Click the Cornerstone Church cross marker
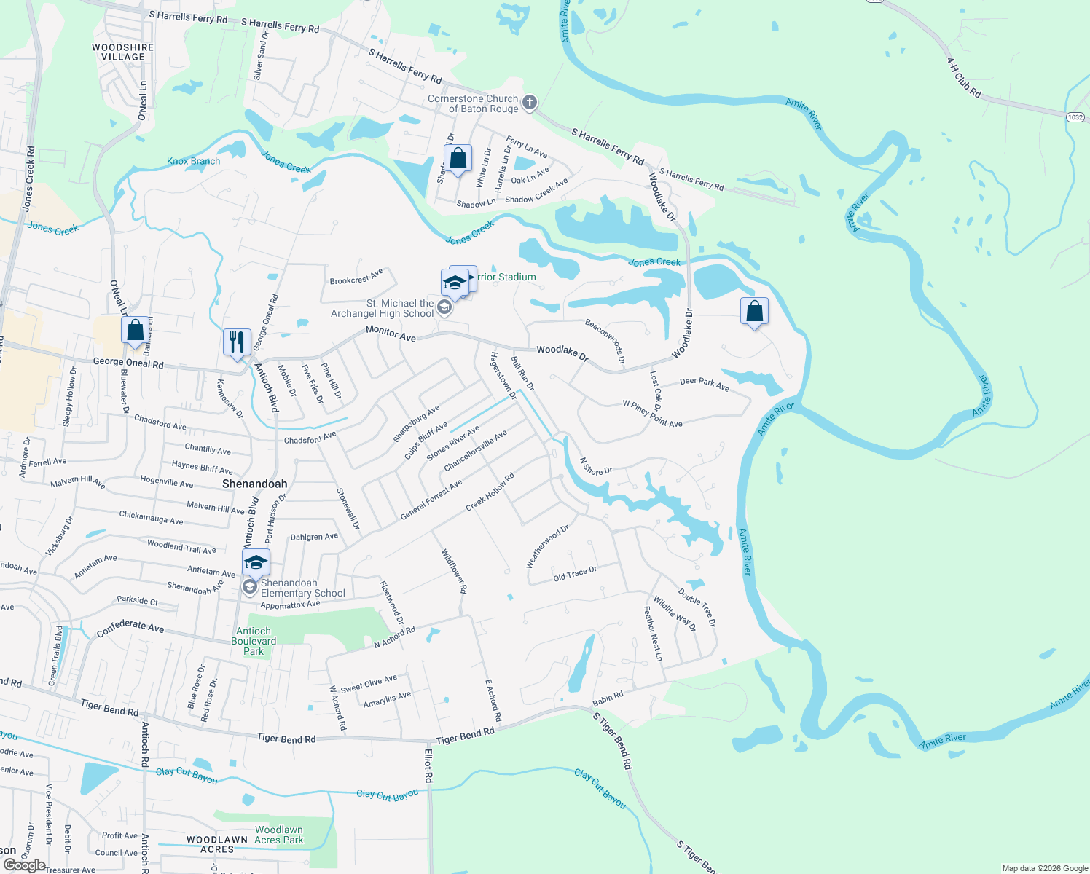click(x=530, y=103)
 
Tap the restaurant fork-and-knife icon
click(x=237, y=341)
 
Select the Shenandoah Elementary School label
click(x=302, y=588)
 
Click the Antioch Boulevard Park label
click(x=254, y=641)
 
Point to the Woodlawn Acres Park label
click(x=279, y=835)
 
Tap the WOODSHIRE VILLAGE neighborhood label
click(x=122, y=52)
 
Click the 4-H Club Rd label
click(x=964, y=78)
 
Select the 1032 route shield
click(x=1075, y=117)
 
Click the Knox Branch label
click(x=193, y=161)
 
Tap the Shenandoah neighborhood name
click(x=254, y=484)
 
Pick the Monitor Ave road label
click(x=391, y=334)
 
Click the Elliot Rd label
click(x=428, y=765)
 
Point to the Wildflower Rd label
click(x=454, y=571)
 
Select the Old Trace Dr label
click(x=575, y=574)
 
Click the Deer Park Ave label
click(x=704, y=384)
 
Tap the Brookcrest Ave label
click(x=356, y=277)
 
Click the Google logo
click(x=24, y=865)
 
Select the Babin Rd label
click(x=608, y=698)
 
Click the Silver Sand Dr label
click(x=261, y=56)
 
